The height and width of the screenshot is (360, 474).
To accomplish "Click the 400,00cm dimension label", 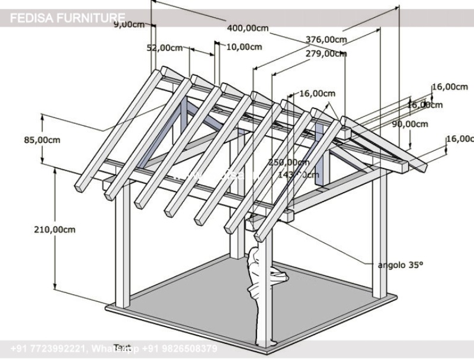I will pyautogui.click(x=248, y=28).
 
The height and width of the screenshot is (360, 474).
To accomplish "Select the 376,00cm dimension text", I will pyautogui.click(x=326, y=40).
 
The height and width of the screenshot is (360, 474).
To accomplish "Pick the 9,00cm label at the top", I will pyautogui.click(x=129, y=24).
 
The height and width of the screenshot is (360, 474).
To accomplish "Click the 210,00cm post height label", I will pyautogui.click(x=56, y=229).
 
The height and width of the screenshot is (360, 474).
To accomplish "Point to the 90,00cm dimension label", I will pyautogui.click(x=410, y=124).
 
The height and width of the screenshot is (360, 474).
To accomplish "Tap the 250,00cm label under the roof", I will pyautogui.click(x=288, y=162).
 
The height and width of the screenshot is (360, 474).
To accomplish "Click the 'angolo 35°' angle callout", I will pyautogui.click(x=401, y=265).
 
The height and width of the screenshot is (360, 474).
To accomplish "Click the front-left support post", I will pyautogui.click(x=123, y=249).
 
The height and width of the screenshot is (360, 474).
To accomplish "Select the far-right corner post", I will pyautogui.click(x=379, y=237).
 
